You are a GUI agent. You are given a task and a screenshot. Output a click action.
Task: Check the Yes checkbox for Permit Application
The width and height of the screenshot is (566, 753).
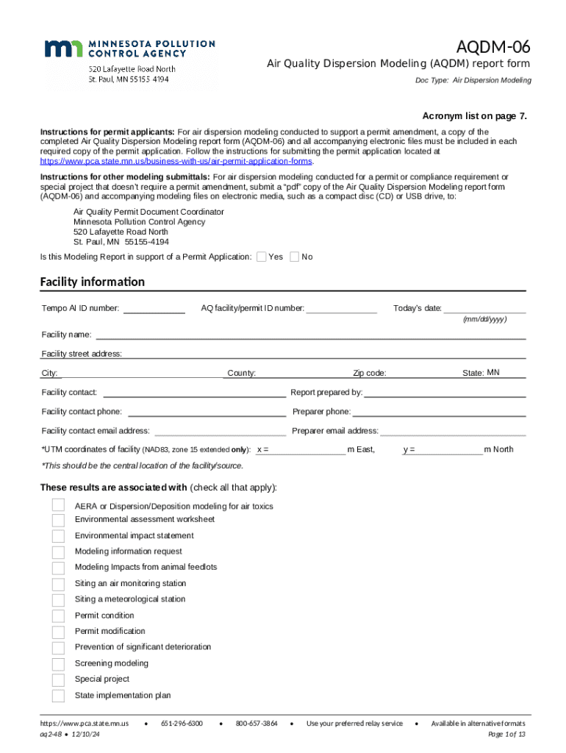pyautogui.click(x=260, y=257)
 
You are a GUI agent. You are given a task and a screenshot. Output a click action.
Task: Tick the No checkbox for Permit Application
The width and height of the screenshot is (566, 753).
pyautogui.click(x=294, y=257)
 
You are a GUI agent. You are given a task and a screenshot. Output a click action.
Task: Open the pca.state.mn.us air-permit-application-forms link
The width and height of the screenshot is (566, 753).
pyautogui.click(x=176, y=161)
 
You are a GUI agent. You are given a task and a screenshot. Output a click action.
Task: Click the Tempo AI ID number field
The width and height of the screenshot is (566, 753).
pyautogui.click(x=154, y=308)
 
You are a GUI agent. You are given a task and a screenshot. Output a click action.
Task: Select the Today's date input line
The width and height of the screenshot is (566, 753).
pyautogui.click(x=484, y=308)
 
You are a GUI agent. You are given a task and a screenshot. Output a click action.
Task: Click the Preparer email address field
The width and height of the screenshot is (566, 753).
pyautogui.click(x=453, y=431)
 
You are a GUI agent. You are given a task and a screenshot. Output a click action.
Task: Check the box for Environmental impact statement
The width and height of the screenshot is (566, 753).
pyautogui.click(x=58, y=536)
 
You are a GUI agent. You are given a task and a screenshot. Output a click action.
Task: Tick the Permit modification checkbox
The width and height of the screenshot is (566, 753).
pyautogui.click(x=58, y=632)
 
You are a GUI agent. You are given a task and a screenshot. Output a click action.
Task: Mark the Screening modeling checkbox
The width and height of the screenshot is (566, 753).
pyautogui.click(x=58, y=664)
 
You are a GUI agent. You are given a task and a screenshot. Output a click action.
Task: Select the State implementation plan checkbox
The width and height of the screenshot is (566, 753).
pyautogui.click(x=58, y=696)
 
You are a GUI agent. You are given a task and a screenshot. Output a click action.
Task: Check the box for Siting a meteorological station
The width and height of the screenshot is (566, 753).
pyautogui.click(x=58, y=600)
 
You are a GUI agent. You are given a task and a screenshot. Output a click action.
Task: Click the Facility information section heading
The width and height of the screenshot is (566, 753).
pyautogui.click(x=92, y=282)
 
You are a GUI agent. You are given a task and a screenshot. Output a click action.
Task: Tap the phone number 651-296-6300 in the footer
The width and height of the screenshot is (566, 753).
pyautogui.click(x=182, y=724)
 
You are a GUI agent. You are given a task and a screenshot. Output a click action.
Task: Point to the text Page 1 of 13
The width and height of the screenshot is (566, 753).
pyautogui.click(x=506, y=735)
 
